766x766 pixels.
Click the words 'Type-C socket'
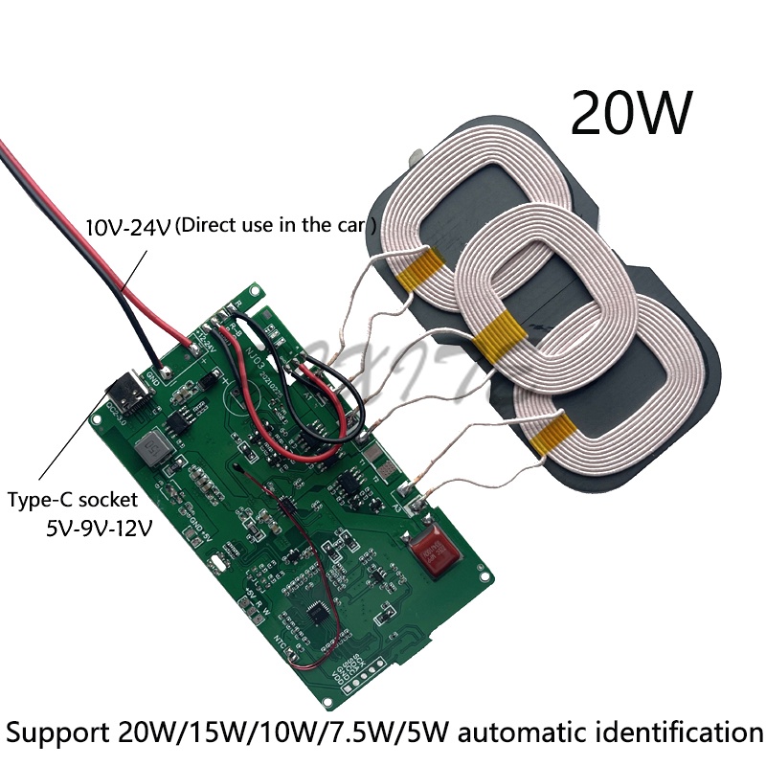73,499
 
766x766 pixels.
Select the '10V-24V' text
127,227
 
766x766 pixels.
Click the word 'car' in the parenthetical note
349,226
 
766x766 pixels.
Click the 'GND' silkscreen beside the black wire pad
153,372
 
